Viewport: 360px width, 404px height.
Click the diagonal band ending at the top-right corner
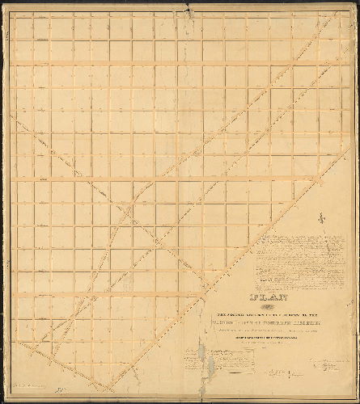[x=307, y=48]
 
